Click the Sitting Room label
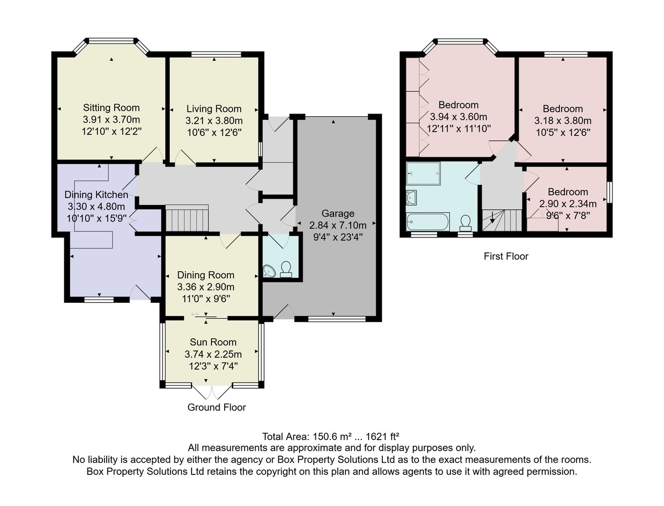(111, 108)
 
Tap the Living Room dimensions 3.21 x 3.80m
(214, 121)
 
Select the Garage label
(338, 213)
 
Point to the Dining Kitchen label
(96, 194)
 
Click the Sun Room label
(213, 342)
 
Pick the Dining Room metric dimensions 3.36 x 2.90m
(206, 287)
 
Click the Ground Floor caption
(216, 407)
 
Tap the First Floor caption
(506, 256)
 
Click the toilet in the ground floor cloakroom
(286, 270)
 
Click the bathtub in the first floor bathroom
(428, 222)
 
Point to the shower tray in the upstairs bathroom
(423, 173)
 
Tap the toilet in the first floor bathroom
(465, 223)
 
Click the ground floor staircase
(187, 218)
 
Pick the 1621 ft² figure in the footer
(382, 437)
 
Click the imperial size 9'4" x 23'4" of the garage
(338, 237)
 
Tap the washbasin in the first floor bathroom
(412, 198)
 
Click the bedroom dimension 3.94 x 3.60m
(459, 117)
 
